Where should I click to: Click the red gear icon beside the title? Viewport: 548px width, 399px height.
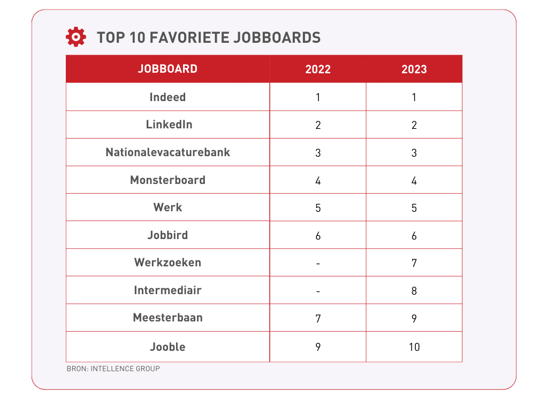75,37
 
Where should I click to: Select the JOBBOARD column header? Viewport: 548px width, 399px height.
168,69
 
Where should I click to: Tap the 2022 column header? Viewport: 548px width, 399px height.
318,70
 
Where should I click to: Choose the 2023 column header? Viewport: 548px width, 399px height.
414,70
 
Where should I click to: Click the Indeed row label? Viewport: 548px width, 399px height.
168,97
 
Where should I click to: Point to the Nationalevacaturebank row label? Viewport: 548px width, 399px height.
168,152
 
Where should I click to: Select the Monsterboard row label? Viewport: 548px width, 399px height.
168,180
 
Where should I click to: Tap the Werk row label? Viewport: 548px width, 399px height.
168,208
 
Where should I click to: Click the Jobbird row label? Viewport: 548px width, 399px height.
168,235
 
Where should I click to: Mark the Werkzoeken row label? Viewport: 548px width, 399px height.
168,263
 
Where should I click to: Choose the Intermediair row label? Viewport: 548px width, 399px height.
168,290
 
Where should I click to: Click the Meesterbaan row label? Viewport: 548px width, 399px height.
168,318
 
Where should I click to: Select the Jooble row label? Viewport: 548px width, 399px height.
168,347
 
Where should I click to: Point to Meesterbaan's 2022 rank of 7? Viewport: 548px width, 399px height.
318,319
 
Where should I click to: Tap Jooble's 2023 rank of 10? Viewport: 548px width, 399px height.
414,347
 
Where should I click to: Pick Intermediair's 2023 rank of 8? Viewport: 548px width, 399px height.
414,291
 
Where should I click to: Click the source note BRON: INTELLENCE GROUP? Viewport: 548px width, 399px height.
113,369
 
